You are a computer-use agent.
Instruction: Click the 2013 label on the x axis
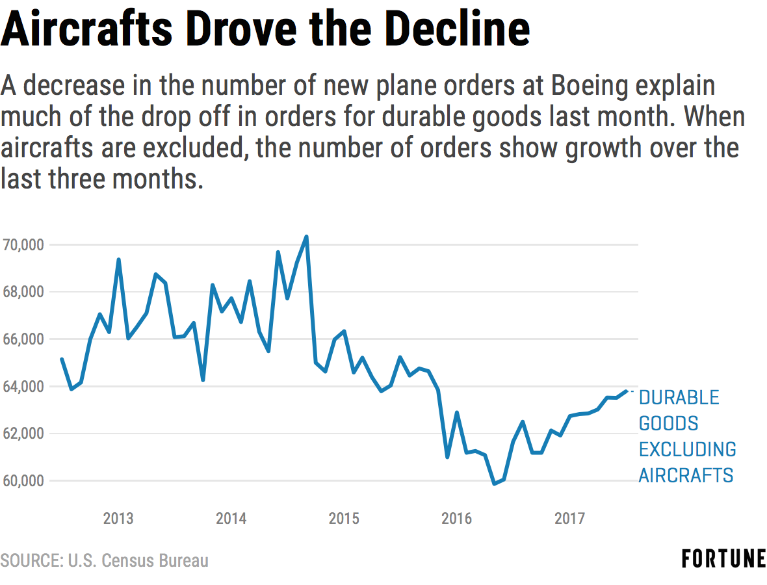[118, 519]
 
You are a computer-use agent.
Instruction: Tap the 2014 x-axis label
[231, 519]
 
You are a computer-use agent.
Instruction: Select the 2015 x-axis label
[344, 519]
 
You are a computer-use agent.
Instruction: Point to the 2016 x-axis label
[456, 519]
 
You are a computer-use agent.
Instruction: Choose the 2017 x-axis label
[569, 519]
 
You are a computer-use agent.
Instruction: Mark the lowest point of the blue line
[494, 484]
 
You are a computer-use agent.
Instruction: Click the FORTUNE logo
[723, 558]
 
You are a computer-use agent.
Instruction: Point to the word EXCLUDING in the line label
[687, 449]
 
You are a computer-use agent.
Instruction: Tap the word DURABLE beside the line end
[679, 397]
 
